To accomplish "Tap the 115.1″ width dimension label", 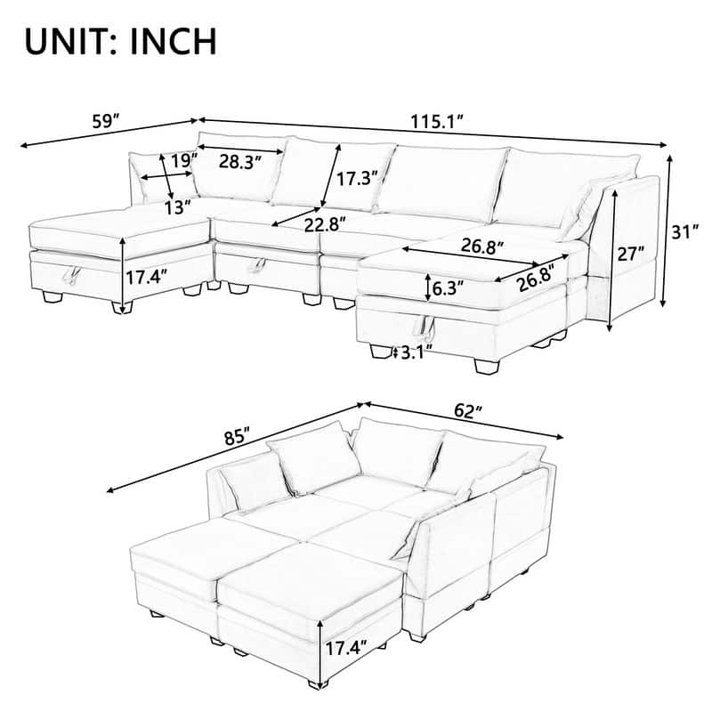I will [437, 122].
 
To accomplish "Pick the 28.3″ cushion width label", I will [239, 162].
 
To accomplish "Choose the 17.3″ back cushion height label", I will [356, 178].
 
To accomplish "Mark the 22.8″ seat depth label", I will [324, 223].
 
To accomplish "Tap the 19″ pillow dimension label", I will [183, 161].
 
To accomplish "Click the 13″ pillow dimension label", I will [179, 207].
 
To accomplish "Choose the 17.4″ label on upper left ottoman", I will [146, 276].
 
